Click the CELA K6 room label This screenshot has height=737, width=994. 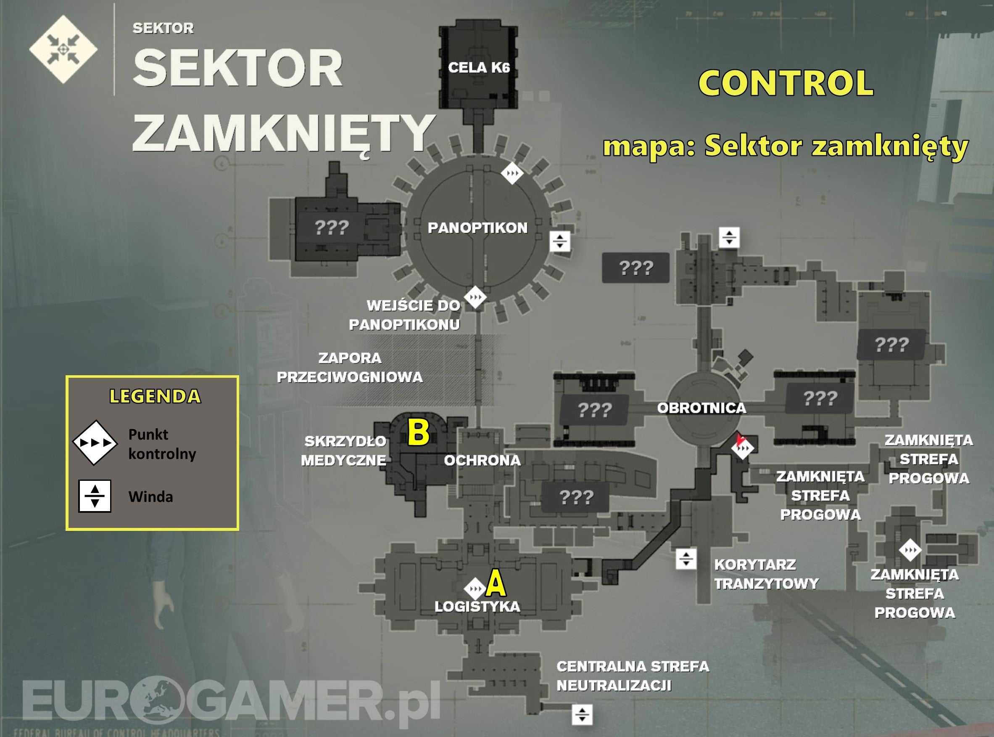479,68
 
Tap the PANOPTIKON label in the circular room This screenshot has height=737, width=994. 477,228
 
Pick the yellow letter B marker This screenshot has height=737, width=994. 419,432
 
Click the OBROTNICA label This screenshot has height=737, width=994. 701,408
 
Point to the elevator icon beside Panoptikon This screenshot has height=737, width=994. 560,241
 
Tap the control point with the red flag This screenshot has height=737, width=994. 743,448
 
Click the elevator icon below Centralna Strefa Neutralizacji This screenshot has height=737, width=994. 582,714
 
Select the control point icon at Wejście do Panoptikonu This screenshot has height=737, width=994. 475,297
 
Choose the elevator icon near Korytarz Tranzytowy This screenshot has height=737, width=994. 686,558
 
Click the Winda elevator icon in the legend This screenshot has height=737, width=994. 95,496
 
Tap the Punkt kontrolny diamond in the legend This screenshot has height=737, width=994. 95,443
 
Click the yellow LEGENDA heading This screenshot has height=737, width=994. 155,397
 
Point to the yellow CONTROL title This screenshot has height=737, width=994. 786,83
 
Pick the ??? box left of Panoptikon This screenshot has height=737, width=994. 332,228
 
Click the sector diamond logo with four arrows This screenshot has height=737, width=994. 63,49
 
